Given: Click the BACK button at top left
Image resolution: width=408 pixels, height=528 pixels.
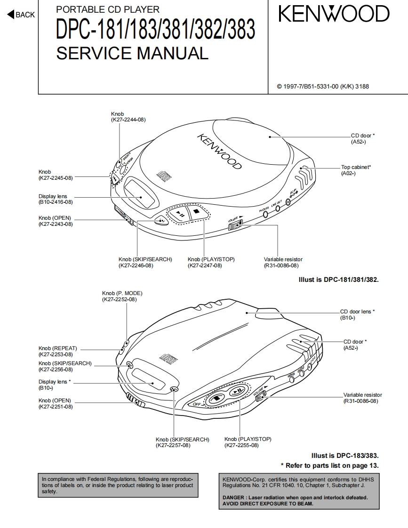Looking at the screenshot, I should click(21, 15).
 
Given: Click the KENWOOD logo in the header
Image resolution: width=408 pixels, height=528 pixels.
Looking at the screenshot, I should click(334, 15).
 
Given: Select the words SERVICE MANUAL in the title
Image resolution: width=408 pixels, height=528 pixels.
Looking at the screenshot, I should click(132, 53).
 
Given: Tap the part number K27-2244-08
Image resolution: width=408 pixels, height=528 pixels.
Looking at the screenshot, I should click(128, 120).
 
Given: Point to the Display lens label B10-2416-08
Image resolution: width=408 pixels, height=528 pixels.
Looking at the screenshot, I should click(56, 202).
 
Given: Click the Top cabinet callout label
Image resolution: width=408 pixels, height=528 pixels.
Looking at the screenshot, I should click(356, 167).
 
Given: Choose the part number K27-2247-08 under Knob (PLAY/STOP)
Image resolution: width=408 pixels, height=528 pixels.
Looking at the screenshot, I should click(205, 265).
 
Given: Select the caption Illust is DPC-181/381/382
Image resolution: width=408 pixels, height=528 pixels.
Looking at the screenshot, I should click(339, 280).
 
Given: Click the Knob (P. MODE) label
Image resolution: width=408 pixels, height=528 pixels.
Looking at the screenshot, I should click(122, 293).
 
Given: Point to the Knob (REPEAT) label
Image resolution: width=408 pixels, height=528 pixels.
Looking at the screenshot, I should click(57, 348).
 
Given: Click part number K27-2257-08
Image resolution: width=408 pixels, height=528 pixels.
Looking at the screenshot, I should click(173, 445).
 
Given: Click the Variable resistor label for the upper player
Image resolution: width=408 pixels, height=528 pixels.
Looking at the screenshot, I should click(283, 259).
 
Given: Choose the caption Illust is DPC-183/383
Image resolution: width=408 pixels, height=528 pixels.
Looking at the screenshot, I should click(345, 456).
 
